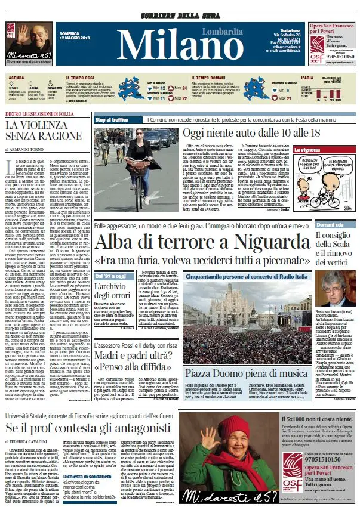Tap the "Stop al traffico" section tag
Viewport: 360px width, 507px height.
112,120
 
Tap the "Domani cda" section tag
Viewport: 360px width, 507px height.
329,208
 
